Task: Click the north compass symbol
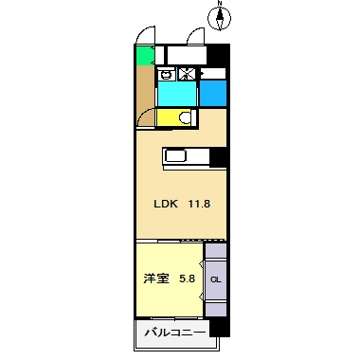click(219, 16)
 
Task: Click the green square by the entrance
click(144, 56)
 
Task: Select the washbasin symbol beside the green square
click(166, 75)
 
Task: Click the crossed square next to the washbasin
click(187, 75)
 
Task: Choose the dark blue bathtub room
click(213, 93)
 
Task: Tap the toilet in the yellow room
click(185, 117)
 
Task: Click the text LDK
click(167, 202)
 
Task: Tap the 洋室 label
click(156, 279)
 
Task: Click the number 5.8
click(187, 279)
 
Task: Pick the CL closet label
click(216, 279)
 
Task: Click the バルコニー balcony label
click(172, 333)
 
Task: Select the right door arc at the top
click(195, 35)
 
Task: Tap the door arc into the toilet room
click(145, 117)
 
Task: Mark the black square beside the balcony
click(220, 328)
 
